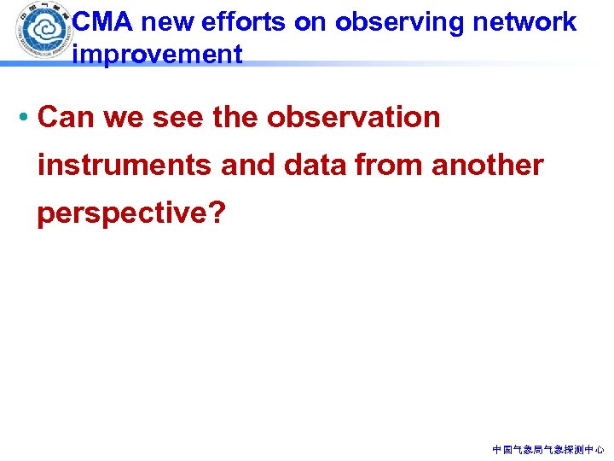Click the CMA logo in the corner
(x=38, y=32)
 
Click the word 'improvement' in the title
(x=158, y=55)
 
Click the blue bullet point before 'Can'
(x=26, y=118)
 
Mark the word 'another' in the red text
(x=488, y=165)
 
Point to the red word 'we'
(x=122, y=117)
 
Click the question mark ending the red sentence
(x=217, y=212)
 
